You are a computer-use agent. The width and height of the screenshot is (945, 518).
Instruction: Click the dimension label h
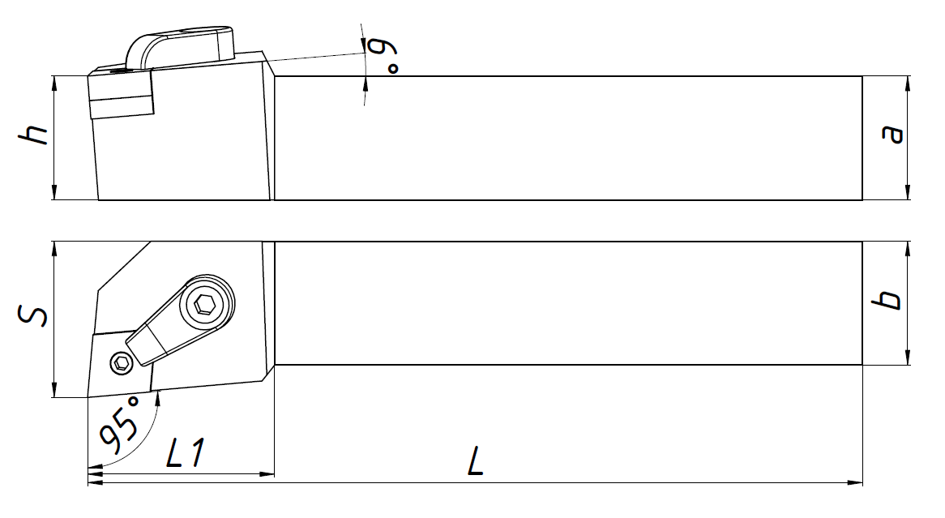tap(34, 135)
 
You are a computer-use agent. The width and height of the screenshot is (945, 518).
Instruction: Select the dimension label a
tap(892, 134)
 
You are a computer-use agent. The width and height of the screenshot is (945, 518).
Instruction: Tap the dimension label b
tap(888, 300)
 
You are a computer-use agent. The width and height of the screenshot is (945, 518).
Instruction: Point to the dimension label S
tap(32, 315)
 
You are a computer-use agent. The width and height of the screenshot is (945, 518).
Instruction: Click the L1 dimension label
tap(185, 453)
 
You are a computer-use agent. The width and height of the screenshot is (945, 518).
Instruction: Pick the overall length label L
tap(476, 461)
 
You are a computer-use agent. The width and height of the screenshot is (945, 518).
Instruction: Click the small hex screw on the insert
tap(122, 362)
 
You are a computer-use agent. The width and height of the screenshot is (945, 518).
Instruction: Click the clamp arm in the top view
tap(180, 320)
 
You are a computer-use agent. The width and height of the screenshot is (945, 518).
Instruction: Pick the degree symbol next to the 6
tap(393, 68)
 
